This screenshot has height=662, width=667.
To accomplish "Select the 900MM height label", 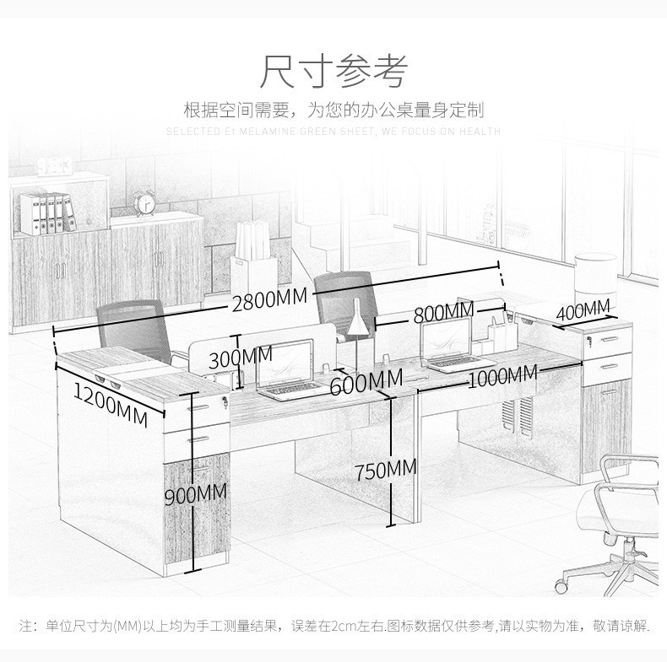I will (195, 495).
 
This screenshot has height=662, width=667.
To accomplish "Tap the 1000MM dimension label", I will (502, 375).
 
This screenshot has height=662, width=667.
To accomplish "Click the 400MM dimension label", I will (583, 309).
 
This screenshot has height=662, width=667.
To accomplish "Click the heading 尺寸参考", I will (333, 71).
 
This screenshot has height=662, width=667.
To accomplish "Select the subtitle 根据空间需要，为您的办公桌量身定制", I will (333, 110).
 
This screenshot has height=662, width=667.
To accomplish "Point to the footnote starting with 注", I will (333, 626).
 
